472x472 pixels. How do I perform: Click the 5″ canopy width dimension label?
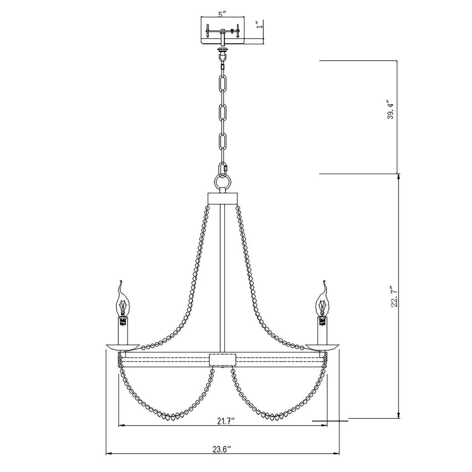pyautogui.click(x=222, y=14)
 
